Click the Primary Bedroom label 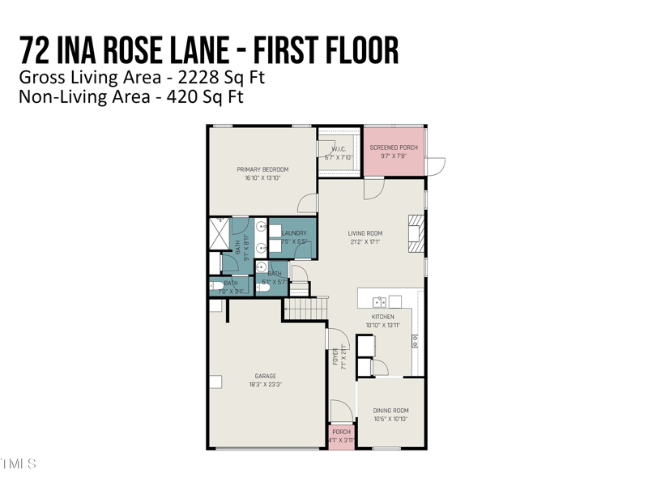coord(262,169)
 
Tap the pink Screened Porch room coord(394,151)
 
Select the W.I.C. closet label coord(339,149)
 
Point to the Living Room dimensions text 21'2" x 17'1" coord(365,241)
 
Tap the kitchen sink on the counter coord(379,302)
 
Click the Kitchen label coord(383,317)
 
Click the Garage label coord(266,376)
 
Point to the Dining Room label coord(390,411)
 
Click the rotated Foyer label coord(335,356)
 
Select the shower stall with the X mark coord(220,232)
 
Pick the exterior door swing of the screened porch coord(436,166)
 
